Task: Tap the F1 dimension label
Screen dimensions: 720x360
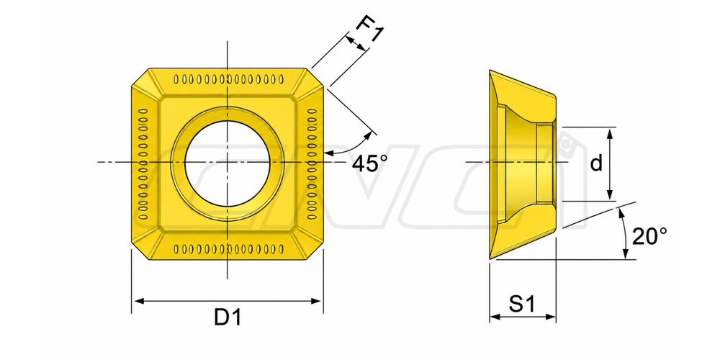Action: point(370,30)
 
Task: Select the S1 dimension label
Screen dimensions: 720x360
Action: point(522,304)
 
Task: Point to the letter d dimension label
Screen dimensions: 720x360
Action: point(596,163)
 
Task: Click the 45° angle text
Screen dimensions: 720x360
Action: point(369,163)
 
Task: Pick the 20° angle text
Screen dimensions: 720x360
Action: point(649,237)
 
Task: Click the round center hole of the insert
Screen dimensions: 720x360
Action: point(228,163)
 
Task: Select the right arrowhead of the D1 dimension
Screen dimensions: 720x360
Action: point(316,301)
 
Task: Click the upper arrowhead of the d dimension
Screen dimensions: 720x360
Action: point(610,134)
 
